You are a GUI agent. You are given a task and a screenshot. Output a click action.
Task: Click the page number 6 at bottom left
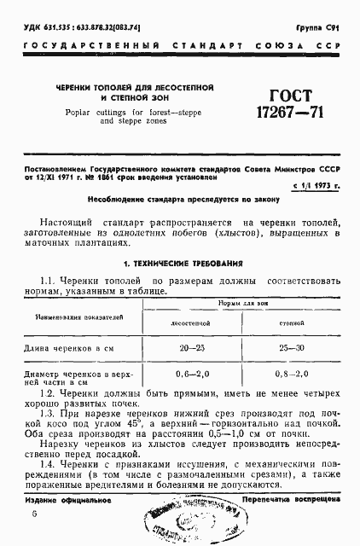pos(34,514)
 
